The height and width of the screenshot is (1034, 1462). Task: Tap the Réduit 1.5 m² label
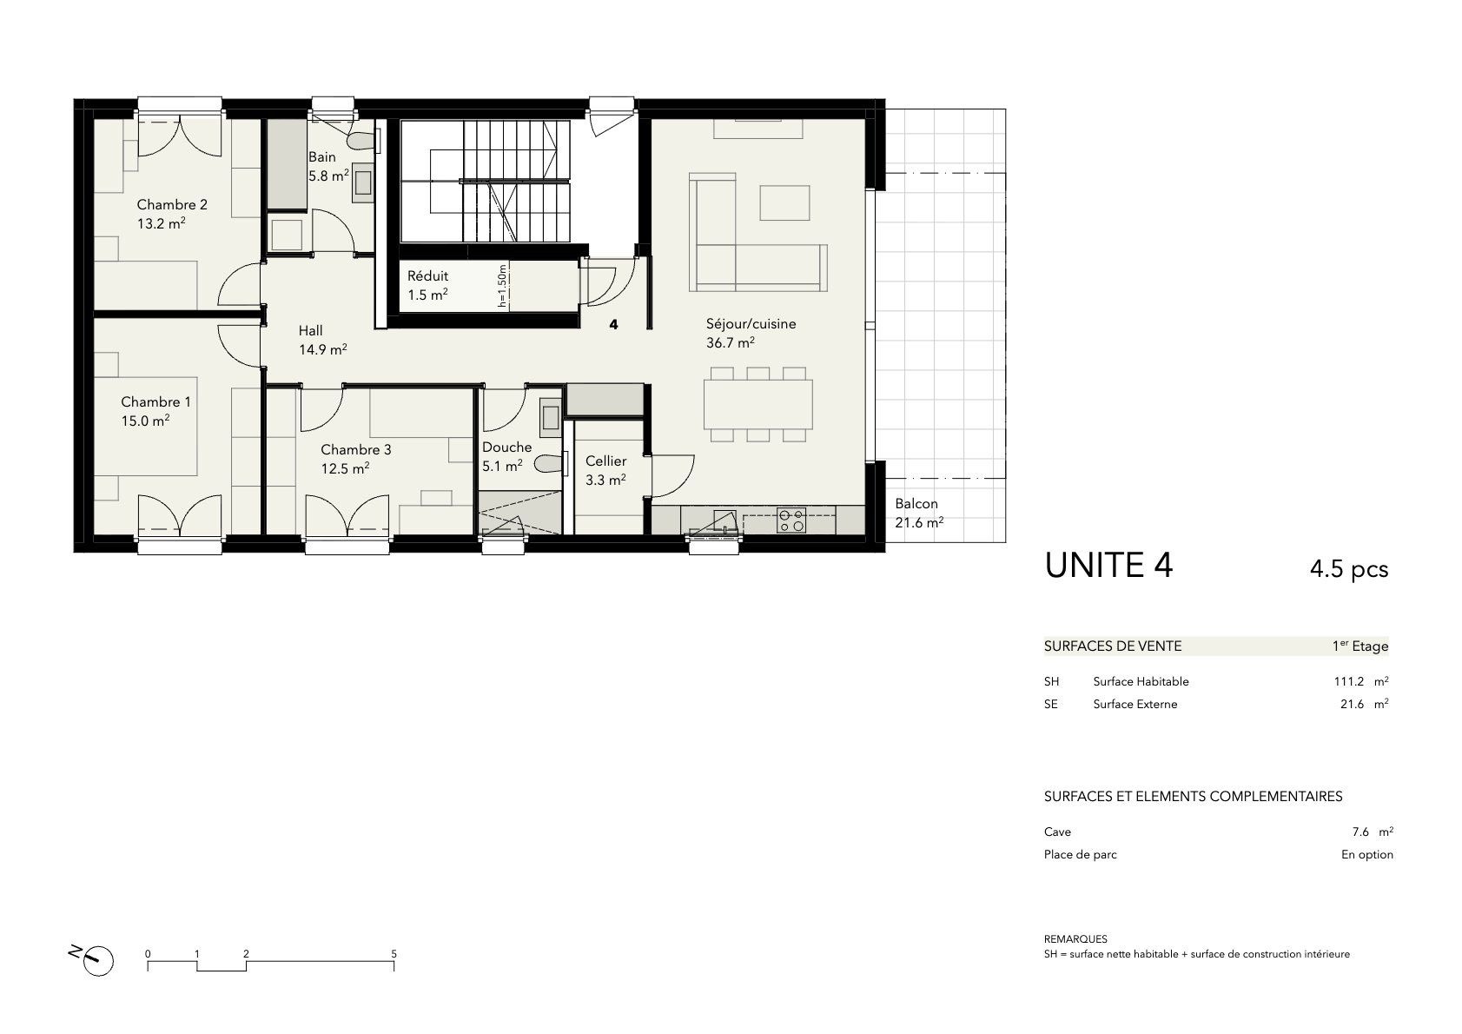coord(427,285)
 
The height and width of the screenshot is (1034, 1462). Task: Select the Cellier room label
coord(605,461)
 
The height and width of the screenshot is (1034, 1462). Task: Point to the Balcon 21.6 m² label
coord(919,513)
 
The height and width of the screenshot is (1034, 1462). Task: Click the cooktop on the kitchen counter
coord(791,520)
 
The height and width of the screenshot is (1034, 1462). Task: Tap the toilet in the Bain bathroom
coord(363,141)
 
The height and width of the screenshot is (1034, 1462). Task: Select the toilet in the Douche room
coord(548,464)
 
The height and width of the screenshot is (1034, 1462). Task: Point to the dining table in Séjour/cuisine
coord(757,404)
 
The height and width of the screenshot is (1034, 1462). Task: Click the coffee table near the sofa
coord(784,202)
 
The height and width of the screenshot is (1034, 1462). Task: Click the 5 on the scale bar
coord(394,954)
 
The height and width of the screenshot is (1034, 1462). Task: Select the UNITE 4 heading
coord(1108,566)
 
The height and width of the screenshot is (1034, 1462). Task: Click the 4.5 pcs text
coord(1349,569)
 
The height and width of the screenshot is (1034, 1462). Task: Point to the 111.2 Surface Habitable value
coord(1348,681)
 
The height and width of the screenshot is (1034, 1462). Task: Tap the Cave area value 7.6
coord(1360,832)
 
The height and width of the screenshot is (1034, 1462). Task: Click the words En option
coord(1366,854)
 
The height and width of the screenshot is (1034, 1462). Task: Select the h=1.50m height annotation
coord(501,286)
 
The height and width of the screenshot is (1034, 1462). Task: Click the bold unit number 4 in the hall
coord(613,324)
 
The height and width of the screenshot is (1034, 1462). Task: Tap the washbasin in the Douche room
coord(550,418)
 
